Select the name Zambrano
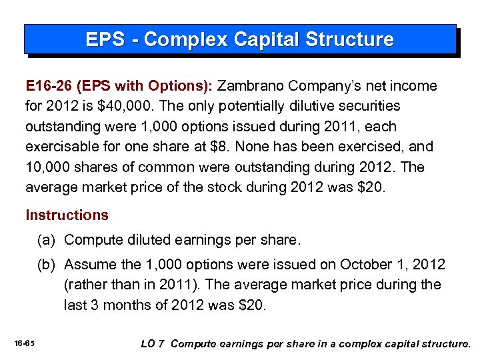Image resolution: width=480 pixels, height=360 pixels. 251,86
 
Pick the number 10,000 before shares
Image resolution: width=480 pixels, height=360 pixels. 47,166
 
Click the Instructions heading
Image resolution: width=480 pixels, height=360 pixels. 67,215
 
